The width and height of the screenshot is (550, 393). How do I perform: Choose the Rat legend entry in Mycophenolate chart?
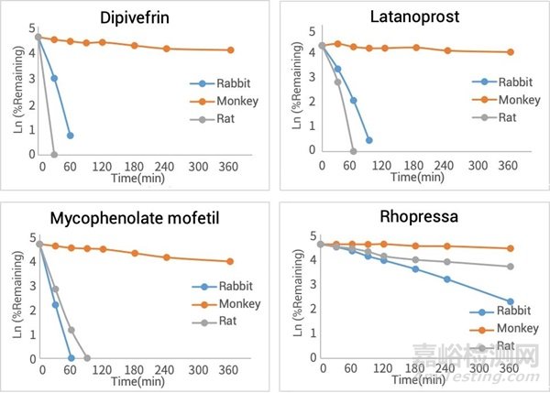(224, 322)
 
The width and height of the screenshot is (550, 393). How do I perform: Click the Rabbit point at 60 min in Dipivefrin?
(71, 136)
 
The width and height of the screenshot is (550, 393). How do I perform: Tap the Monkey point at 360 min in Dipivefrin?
(229, 50)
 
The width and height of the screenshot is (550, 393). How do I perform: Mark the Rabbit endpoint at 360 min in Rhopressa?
(511, 301)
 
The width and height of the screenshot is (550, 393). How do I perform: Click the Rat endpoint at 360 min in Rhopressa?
(511, 267)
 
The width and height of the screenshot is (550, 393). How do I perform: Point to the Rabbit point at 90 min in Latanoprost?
(368, 140)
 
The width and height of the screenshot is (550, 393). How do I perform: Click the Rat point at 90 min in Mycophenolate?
(87, 358)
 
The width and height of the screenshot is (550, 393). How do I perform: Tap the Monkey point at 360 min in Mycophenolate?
(230, 261)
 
